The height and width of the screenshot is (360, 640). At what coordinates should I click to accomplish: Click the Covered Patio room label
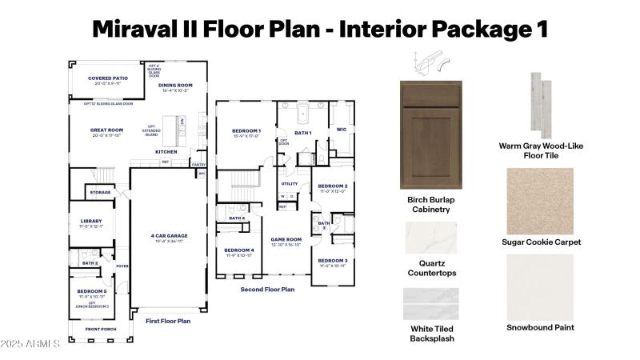click(107, 78)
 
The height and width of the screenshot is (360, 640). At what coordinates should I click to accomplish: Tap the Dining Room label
click(175, 85)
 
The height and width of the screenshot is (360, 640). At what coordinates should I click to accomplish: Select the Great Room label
click(106, 130)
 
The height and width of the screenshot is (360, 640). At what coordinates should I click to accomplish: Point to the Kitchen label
click(166, 151)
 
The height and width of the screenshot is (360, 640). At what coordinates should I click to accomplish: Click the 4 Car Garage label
click(168, 236)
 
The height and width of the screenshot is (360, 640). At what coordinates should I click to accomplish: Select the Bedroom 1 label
click(246, 130)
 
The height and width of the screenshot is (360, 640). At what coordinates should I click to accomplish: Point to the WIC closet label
click(342, 128)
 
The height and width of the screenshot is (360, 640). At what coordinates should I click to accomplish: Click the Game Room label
click(286, 238)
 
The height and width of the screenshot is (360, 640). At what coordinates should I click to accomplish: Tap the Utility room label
click(289, 183)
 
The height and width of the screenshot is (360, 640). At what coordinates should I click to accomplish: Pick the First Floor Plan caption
click(168, 321)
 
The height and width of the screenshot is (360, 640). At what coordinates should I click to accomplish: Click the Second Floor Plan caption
click(268, 289)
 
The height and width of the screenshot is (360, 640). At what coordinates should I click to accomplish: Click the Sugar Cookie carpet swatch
click(541, 201)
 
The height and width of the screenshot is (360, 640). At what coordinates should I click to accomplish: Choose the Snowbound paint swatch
click(541, 286)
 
